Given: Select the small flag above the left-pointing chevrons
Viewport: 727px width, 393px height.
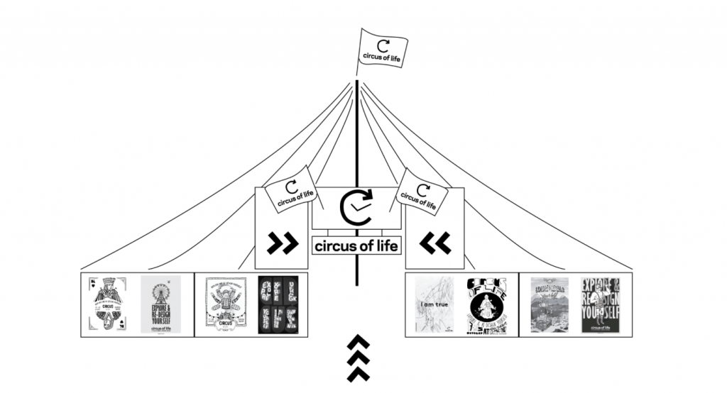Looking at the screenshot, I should pos(423,189).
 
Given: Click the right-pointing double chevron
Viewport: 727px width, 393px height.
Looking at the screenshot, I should pos(282,243).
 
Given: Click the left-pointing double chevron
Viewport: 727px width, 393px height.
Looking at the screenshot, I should pos(434,243).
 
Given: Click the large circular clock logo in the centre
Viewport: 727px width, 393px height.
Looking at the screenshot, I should pos(356,209).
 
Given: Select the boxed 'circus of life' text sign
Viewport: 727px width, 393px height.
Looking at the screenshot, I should pos(356,247).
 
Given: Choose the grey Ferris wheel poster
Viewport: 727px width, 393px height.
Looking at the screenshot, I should pos(160,304).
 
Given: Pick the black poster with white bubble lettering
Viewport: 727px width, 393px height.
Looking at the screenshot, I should pos(278,304).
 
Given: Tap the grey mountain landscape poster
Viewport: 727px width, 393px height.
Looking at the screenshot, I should pos(550,304).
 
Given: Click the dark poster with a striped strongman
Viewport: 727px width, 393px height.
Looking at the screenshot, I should pos(601,304).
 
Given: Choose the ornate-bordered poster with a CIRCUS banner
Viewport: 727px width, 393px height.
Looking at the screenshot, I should pos(226,304).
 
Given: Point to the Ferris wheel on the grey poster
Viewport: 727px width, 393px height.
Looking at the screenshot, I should pos(160,290).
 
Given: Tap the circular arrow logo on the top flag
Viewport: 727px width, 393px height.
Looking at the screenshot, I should pos(383,43).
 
